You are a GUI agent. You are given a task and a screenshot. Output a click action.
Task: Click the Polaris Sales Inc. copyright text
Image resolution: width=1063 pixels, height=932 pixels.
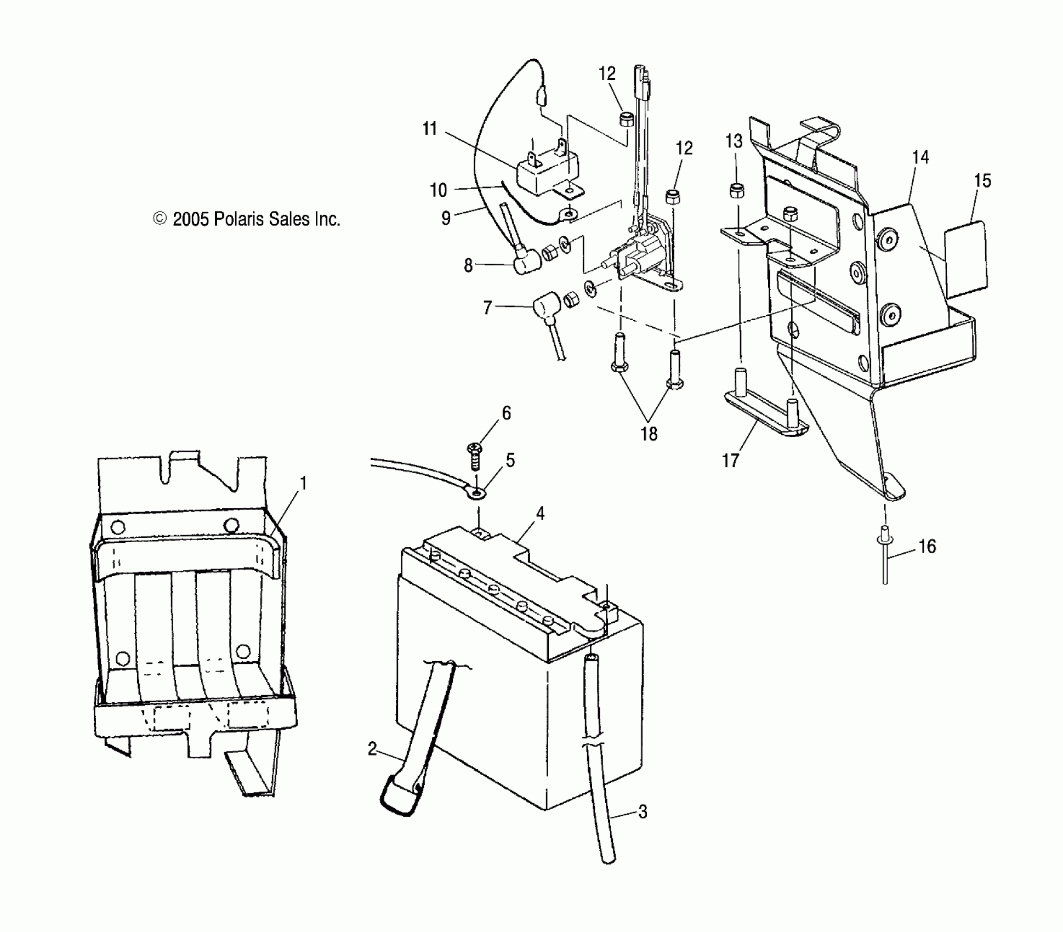[247, 219]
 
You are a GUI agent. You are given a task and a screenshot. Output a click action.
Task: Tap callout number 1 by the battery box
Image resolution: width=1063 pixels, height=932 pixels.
[303, 484]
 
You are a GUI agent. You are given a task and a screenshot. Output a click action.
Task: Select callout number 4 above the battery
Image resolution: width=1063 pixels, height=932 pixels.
[541, 514]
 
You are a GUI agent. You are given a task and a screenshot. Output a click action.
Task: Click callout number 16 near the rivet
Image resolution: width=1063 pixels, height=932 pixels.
[927, 547]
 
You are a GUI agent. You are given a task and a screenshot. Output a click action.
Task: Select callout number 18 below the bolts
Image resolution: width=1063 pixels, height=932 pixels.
[649, 434]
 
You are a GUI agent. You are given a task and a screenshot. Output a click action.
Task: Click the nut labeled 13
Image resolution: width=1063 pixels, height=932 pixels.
[736, 191]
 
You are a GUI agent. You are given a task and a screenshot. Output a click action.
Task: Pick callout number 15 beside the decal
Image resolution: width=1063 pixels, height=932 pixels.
[983, 181]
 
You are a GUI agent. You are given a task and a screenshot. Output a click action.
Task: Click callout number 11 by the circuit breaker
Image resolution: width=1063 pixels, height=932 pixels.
[430, 129]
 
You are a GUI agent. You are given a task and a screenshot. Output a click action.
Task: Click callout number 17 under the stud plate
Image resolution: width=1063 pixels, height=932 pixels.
[730, 461]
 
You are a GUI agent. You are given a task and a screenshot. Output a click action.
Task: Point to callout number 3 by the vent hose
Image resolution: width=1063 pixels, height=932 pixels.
[643, 812]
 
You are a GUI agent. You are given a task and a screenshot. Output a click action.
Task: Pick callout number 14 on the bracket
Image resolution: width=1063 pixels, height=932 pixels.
[920, 157]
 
